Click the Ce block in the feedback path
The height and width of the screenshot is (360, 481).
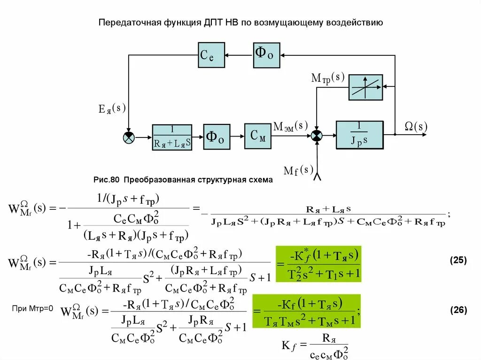211,55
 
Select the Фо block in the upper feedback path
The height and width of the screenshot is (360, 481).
266,55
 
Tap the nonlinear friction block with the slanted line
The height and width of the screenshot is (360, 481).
365,87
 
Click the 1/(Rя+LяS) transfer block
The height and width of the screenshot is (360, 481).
172,137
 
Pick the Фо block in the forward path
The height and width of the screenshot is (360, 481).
216,137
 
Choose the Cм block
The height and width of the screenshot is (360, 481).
258,136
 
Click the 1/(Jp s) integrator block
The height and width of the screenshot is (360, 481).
359,135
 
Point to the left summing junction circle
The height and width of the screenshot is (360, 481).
129,137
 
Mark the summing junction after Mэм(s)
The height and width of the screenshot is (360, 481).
317,135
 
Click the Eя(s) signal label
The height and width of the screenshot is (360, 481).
112,109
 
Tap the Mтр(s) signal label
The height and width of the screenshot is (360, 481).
328,78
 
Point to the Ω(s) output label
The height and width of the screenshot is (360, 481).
416,126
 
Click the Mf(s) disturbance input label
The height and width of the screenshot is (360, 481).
298,169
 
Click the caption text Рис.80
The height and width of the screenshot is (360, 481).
107,180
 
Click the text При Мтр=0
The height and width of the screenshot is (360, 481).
33,308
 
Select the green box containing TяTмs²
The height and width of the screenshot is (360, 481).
306,311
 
